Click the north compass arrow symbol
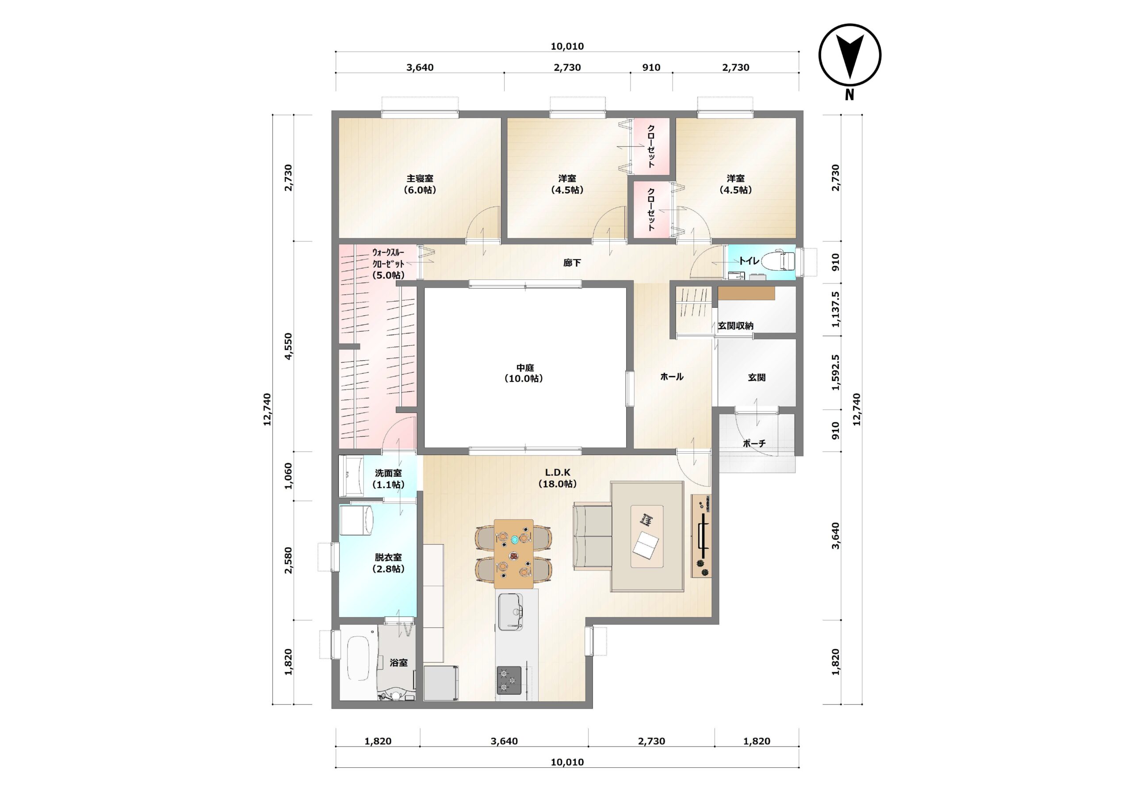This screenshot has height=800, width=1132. coord(850,54)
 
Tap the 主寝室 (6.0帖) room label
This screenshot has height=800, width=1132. coord(420,184)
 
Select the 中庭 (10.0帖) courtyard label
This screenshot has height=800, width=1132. coord(524,373)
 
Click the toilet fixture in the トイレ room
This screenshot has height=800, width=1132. coord(779,260)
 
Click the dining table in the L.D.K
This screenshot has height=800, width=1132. coord(514,553)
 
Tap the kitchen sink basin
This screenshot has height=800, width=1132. coord(510,612)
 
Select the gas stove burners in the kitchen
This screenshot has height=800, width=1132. coord(509,680)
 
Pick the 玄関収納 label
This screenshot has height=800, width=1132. coord(735,325)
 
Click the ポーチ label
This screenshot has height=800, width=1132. coord(754,444)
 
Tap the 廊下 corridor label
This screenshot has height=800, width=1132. coord(572,263)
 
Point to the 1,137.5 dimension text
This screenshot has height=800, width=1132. coord(835,309)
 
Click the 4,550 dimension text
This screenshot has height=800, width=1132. coord(288,346)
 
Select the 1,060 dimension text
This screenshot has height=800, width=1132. coord(288,476)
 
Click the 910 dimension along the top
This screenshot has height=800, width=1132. coord(651,67)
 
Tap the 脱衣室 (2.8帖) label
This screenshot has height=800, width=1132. coord(389,563)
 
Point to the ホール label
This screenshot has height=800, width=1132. coord(672,376)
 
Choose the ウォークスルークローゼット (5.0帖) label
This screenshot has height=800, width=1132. coord(389,264)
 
